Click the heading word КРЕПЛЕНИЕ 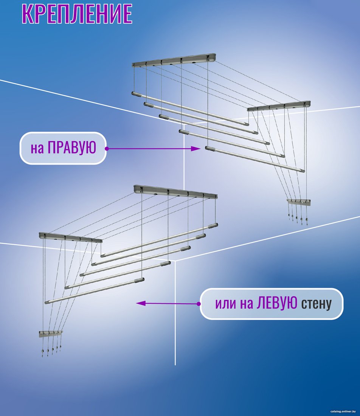(77, 13)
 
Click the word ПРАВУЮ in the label (71, 147)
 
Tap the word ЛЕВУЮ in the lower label (277, 303)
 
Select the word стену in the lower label (316, 304)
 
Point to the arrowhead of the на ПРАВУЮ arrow (196, 149)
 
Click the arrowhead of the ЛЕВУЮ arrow (141, 303)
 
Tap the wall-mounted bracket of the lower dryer (51, 334)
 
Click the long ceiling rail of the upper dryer (174, 61)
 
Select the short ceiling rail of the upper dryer (279, 106)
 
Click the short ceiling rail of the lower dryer (71, 237)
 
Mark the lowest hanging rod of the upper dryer (254, 159)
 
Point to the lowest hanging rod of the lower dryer (95, 290)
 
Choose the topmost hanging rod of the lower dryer (159, 241)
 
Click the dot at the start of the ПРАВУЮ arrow (107, 149)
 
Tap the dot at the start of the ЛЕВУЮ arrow (199, 304)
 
